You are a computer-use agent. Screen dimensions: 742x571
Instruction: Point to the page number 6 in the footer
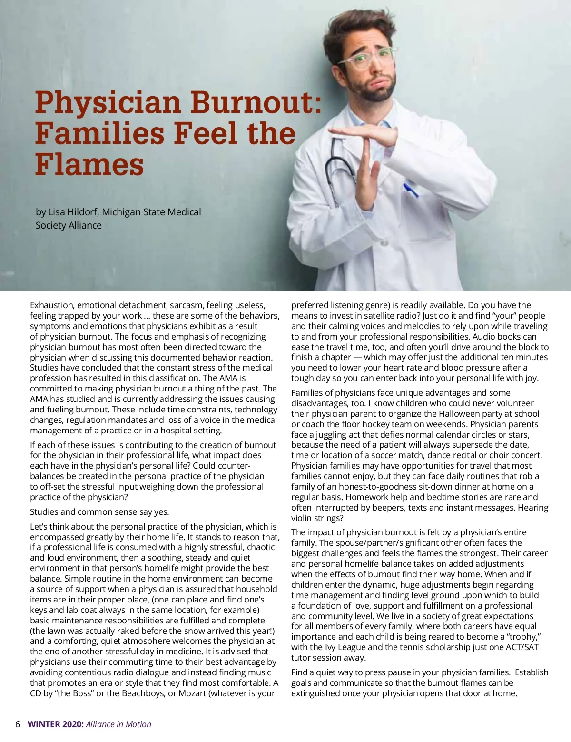point(18,724)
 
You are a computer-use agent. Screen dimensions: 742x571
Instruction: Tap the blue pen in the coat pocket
point(411,190)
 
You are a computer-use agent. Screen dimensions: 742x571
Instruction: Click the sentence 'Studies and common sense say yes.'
point(99,512)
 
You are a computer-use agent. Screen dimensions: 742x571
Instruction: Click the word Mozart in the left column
point(192,693)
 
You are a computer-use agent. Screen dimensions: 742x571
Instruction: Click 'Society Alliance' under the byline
point(69,225)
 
